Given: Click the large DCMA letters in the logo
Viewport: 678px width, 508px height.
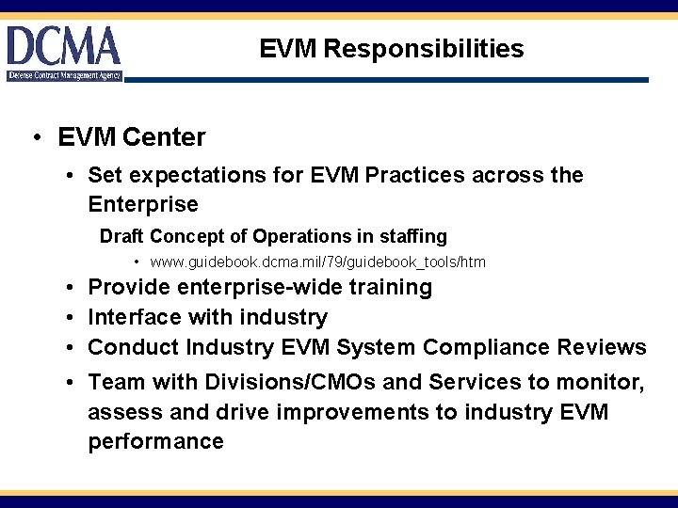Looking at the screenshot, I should [64, 46].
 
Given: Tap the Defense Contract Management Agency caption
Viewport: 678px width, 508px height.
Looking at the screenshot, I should [64, 75].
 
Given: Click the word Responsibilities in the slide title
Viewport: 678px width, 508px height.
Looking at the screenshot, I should [423, 49].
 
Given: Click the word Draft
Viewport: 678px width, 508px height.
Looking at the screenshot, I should [122, 236].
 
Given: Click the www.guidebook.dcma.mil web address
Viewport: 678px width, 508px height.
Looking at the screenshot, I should [317, 262].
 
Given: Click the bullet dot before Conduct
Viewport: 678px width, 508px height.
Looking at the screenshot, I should [72, 347].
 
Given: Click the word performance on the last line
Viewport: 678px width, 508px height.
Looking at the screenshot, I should [155, 442].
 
